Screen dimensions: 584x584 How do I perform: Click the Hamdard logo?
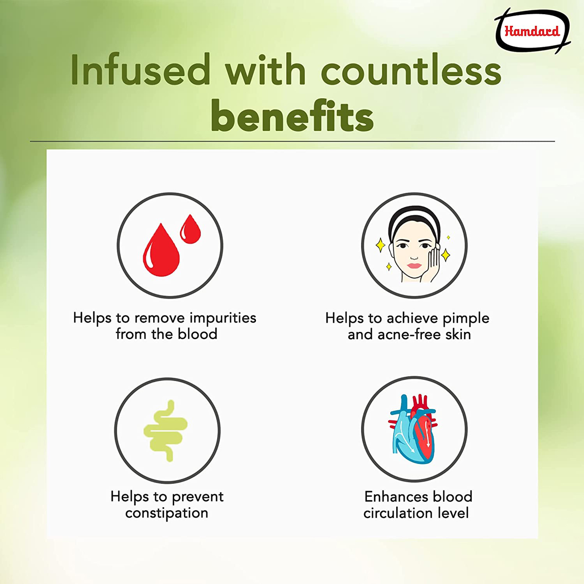click(x=532, y=32)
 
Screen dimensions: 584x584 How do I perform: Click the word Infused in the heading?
click(x=141, y=70)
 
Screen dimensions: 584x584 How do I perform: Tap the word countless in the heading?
click(x=411, y=70)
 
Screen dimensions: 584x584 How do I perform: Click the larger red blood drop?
click(x=161, y=250)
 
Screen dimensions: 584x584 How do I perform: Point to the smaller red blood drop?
click(x=190, y=229)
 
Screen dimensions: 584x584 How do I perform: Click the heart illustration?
click(x=413, y=429)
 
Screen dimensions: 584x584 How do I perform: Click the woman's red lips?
click(x=414, y=266)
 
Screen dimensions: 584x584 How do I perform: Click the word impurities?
click(x=223, y=318)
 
